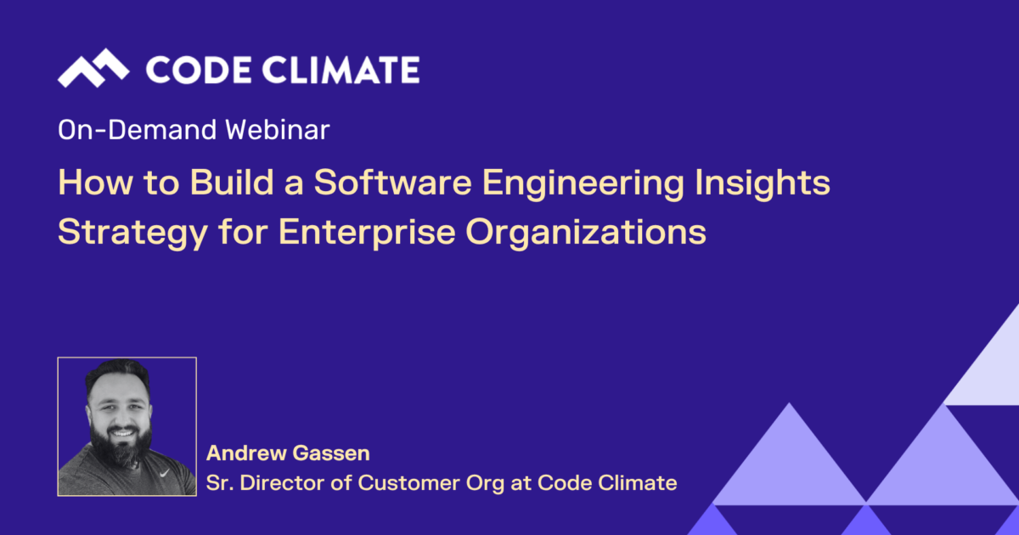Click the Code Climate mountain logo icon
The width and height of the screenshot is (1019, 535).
click(93, 68)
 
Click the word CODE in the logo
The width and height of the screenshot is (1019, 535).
click(199, 70)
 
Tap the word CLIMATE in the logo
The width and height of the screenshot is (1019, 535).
click(341, 70)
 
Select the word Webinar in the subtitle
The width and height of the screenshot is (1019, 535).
click(278, 130)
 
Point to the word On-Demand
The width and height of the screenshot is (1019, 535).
click(138, 130)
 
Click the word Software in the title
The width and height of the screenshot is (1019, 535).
click(393, 183)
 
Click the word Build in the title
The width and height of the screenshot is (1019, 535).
click(232, 183)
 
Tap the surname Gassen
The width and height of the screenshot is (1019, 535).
click(331, 453)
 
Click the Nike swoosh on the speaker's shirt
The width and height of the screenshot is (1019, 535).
click(164, 473)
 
